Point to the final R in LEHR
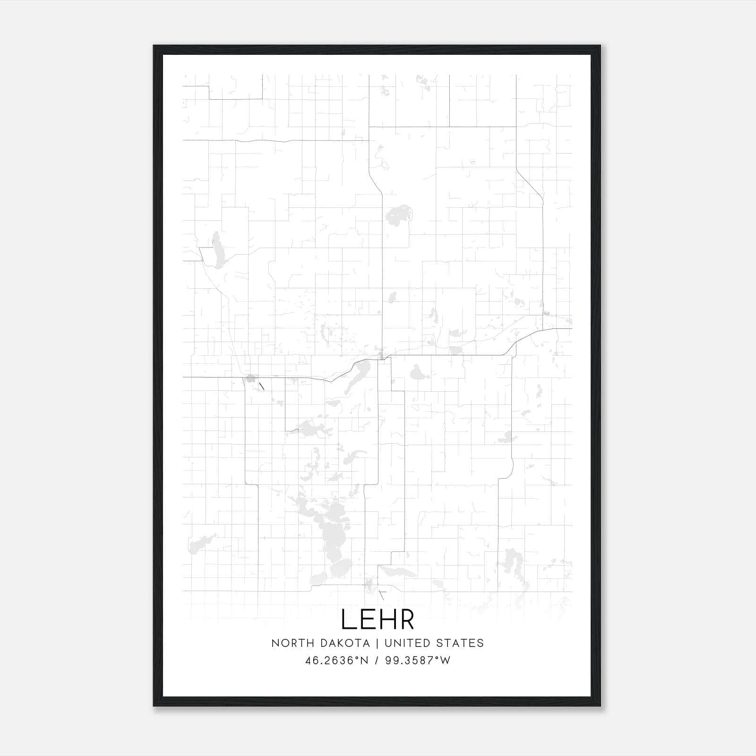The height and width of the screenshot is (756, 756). (407, 619)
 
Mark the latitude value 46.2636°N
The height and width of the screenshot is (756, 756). (336, 660)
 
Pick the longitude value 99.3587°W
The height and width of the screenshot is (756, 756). (418, 660)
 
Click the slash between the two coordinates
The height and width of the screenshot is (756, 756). (377, 660)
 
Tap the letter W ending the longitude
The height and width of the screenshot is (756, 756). (446, 660)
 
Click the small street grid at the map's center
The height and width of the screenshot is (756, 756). (381, 355)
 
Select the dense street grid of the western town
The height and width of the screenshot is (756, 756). (250, 378)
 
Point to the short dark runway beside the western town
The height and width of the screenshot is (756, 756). (261, 386)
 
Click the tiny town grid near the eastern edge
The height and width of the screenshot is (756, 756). (547, 314)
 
